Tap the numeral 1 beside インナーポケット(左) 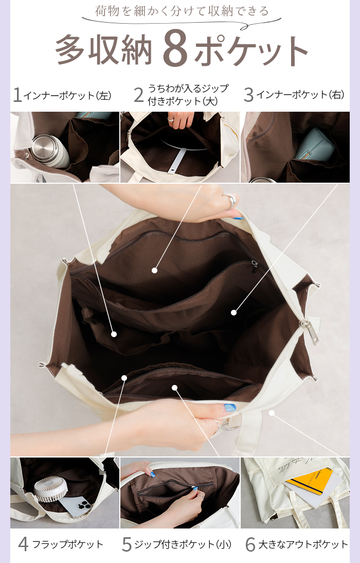17,95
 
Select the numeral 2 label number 139,95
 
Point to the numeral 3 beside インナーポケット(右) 248,95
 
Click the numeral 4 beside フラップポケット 23,544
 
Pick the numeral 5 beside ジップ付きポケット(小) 127,544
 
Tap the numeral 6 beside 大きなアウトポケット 250,544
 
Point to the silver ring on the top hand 230,201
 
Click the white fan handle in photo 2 179,158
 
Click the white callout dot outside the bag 272,413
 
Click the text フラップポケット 67,544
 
